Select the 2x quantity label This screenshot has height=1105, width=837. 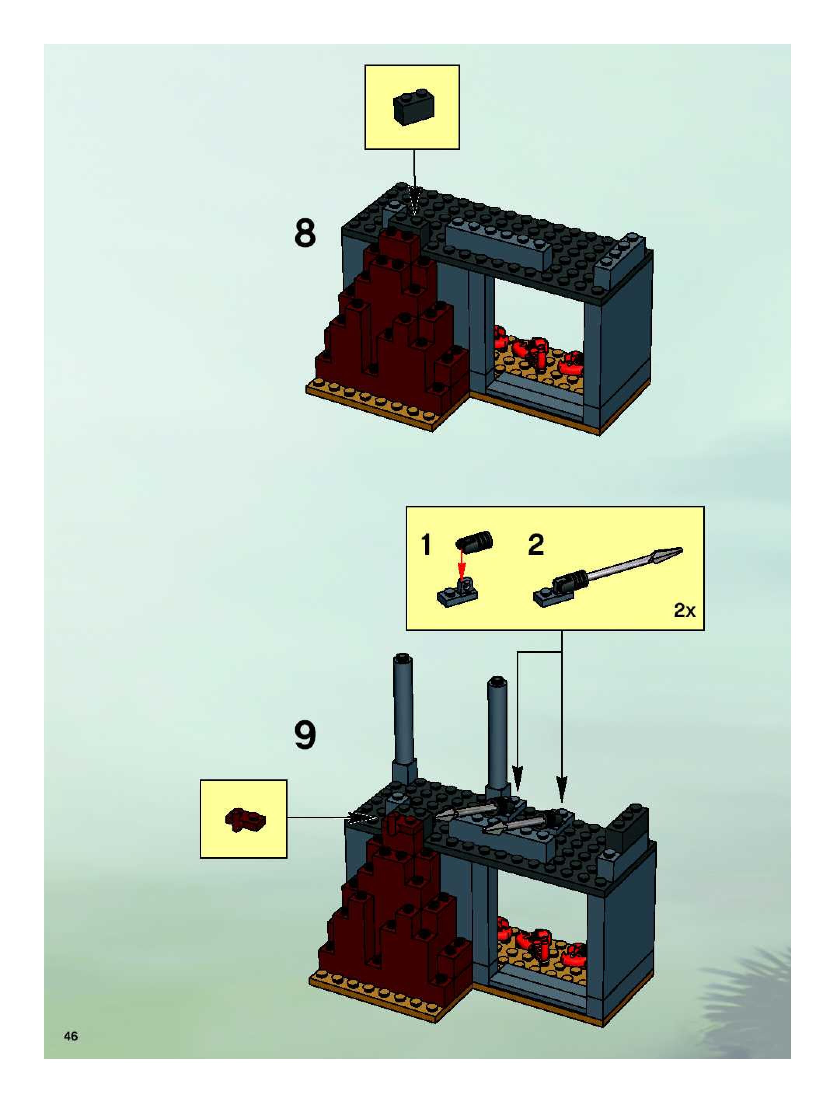coord(684,610)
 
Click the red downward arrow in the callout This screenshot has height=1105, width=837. coord(462,565)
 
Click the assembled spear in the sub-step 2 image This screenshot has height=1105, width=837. coord(610,573)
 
